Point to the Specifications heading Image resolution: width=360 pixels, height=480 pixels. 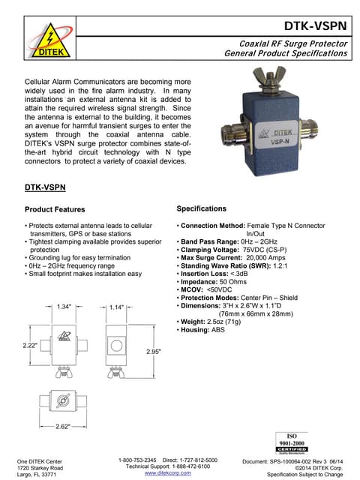click(211, 208)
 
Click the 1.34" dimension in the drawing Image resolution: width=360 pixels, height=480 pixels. click(64, 306)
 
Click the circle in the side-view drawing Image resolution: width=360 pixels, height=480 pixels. click(117, 347)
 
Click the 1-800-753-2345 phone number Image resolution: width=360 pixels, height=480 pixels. click(138, 459)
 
